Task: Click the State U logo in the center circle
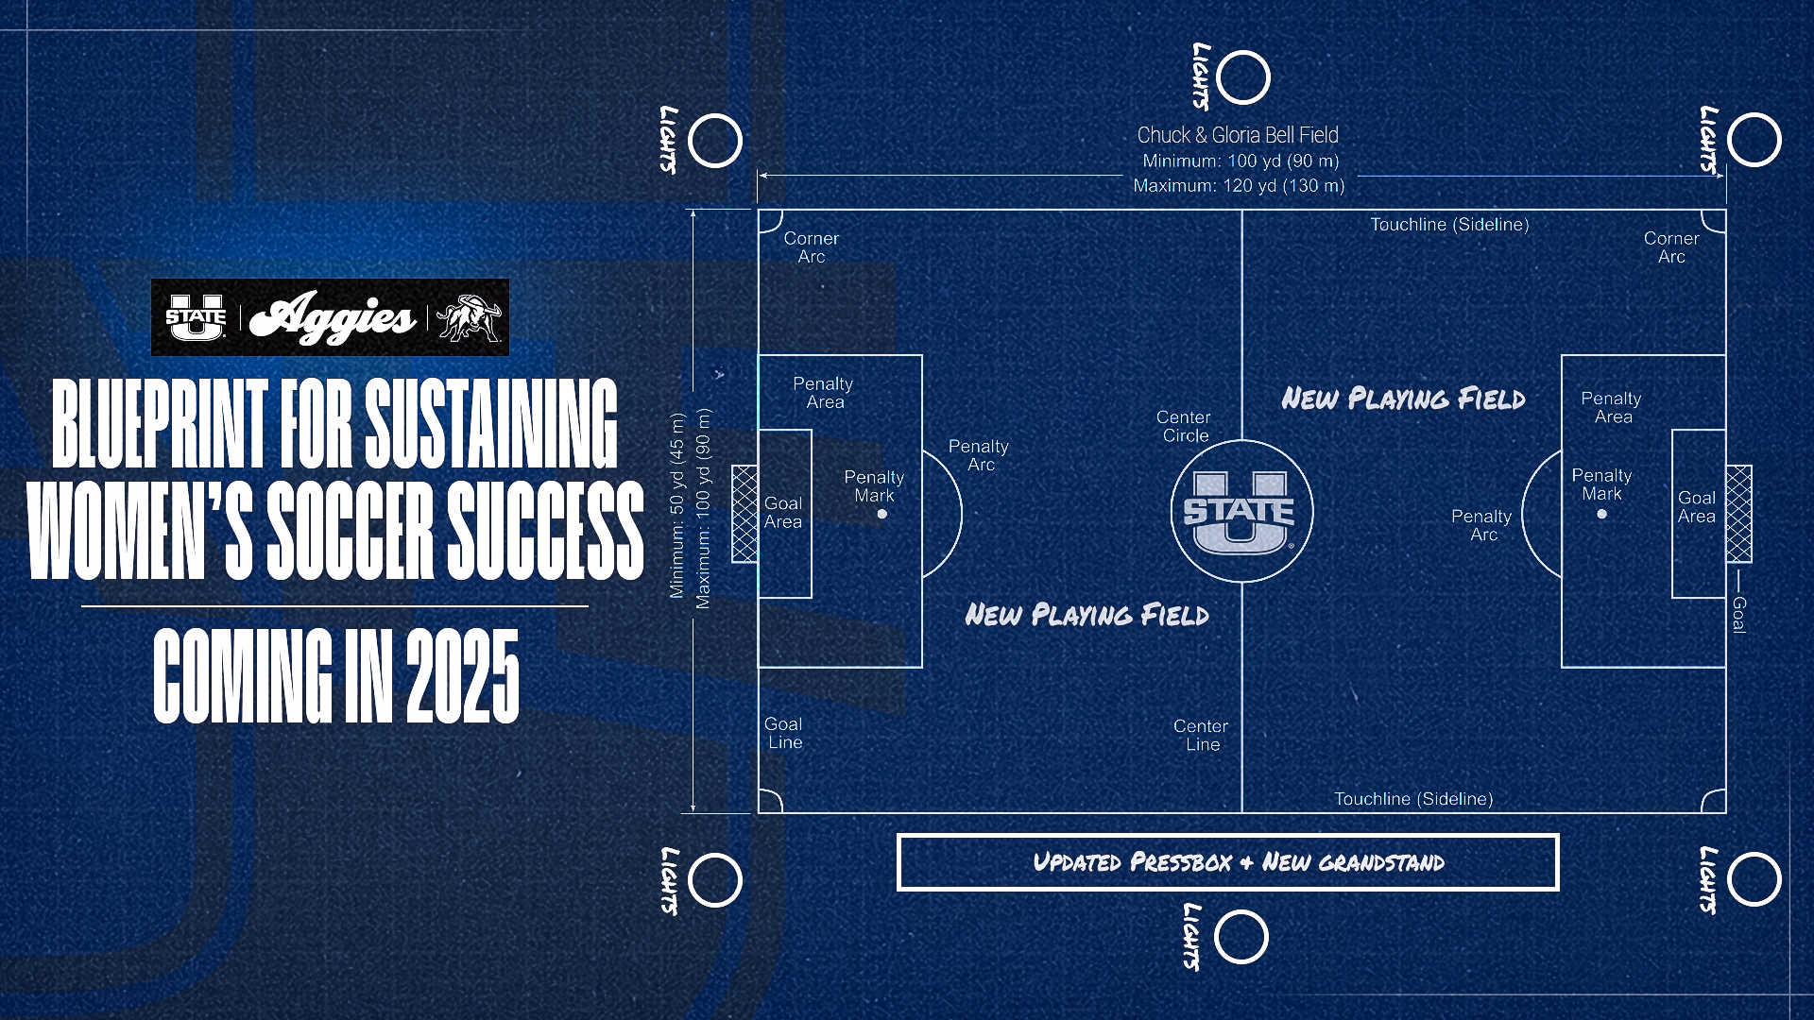click(x=1239, y=513)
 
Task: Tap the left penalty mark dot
click(x=881, y=515)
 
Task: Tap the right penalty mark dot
click(x=1601, y=515)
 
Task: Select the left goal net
click(x=744, y=515)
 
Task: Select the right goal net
click(x=1739, y=515)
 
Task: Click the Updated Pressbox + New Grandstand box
click(x=1227, y=862)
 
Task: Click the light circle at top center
click(x=1243, y=77)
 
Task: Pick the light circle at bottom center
click(x=1241, y=937)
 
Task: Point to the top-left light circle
click(x=715, y=141)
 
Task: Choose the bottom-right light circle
click(x=1754, y=880)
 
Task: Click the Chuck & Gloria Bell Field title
click(x=1238, y=135)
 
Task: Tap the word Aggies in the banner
click(x=334, y=317)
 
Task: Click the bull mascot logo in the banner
click(x=469, y=317)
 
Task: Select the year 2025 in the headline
click(x=463, y=676)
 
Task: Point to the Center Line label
click(x=1201, y=735)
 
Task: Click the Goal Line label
click(x=783, y=733)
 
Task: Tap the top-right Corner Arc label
click(x=1671, y=247)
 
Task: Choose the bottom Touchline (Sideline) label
click(x=1413, y=799)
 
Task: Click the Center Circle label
click(x=1184, y=426)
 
